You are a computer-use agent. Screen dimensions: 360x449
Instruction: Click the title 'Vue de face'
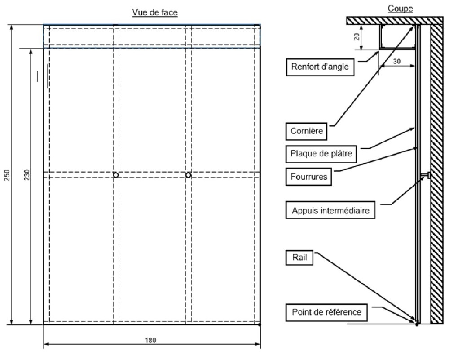pyautogui.click(x=155, y=13)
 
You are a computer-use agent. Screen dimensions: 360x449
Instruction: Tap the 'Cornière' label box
pyautogui.click(x=307, y=132)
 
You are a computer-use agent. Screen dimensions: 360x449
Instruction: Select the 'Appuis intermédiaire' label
pyautogui.click(x=331, y=210)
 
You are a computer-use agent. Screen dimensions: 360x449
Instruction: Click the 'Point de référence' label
pyautogui.click(x=326, y=311)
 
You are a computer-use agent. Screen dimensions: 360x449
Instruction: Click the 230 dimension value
pyautogui.click(x=26, y=175)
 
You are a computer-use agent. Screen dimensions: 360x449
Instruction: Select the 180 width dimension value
pyautogui.click(x=151, y=340)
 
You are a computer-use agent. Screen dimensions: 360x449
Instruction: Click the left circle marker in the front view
pyautogui.click(x=116, y=175)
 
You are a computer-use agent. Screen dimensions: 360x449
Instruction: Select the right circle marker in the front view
pyautogui.click(x=188, y=175)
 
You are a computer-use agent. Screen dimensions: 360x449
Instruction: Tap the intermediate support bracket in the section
pyautogui.click(x=426, y=175)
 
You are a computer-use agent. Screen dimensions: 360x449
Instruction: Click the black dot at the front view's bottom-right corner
pyautogui.click(x=260, y=324)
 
